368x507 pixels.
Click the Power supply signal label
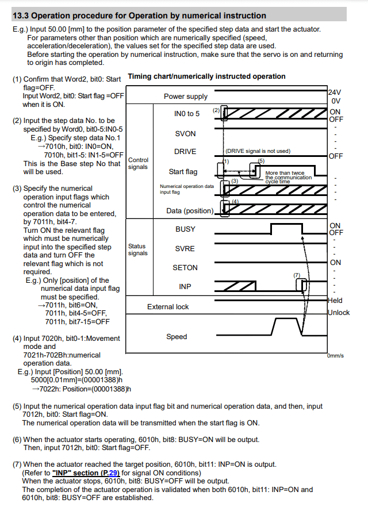(186, 97)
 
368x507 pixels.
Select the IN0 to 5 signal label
(187, 114)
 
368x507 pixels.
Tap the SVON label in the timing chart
(185, 133)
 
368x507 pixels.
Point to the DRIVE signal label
(185, 152)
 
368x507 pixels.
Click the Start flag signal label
(183, 171)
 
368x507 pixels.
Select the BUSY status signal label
(185, 229)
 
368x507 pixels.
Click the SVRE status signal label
(185, 248)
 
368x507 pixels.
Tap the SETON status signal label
(185, 267)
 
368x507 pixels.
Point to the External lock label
(168, 306)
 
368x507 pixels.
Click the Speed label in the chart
(177, 336)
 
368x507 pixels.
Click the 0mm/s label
(335, 356)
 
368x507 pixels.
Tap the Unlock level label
(338, 313)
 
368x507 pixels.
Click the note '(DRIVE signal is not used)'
(258, 151)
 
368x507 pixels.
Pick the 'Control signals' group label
(138, 163)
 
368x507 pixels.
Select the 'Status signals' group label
(137, 249)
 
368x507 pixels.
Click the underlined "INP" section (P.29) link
(86, 473)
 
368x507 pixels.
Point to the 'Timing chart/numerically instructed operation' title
(206, 76)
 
